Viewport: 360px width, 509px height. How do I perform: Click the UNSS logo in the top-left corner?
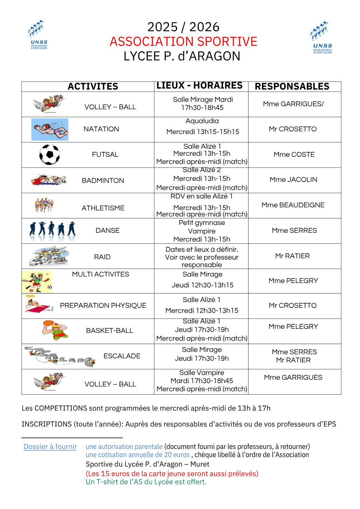tap(38, 35)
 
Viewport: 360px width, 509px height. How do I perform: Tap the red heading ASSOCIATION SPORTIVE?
tap(183, 41)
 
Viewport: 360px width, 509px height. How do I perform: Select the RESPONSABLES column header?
tap(292, 87)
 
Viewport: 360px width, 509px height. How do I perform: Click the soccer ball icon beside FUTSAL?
tap(50, 154)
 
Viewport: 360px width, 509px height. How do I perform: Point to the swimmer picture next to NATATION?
tap(50, 129)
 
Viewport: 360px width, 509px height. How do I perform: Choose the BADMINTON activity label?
tap(103, 181)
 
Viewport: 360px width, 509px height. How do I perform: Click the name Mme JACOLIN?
tap(293, 180)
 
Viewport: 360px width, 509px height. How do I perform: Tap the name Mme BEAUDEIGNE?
tap(293, 205)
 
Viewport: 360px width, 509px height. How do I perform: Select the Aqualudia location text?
tap(202, 121)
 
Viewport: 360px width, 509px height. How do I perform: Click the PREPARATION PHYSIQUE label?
tap(103, 305)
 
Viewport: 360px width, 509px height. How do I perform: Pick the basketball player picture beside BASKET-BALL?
tap(54, 330)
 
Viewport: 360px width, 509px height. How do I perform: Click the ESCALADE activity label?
tap(122, 356)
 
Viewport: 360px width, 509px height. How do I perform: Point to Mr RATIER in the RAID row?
tap(292, 256)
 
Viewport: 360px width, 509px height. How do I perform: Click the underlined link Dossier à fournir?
tap(50, 447)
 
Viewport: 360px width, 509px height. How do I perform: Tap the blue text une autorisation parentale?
tap(124, 447)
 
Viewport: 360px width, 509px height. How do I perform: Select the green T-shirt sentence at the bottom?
tap(146, 482)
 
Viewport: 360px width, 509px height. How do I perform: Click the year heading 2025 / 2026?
tap(183, 27)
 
